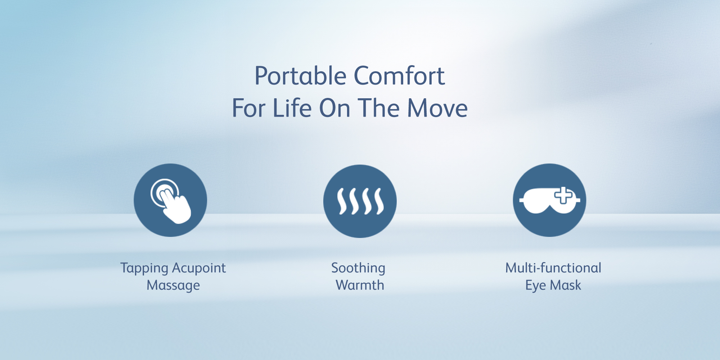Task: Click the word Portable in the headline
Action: click(x=301, y=76)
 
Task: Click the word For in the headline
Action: click(x=249, y=108)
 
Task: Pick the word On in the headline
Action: click(x=335, y=108)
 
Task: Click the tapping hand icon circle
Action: click(x=170, y=200)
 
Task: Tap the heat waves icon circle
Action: click(x=360, y=201)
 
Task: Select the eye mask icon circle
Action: click(x=549, y=200)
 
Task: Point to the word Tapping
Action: click(x=144, y=268)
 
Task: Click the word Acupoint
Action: click(x=199, y=268)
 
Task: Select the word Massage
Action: click(x=173, y=285)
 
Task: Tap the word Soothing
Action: click(x=358, y=268)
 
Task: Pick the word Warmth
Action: click(x=360, y=285)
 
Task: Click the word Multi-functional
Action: click(x=553, y=268)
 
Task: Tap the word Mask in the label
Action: click(x=566, y=285)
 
